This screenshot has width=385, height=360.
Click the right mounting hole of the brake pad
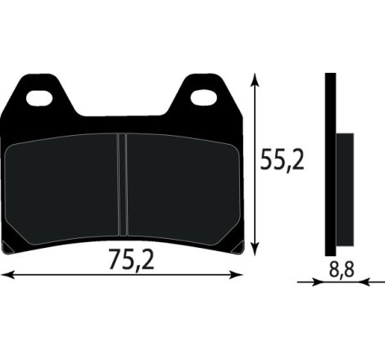click(202, 98)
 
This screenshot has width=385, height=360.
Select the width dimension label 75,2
click(132, 260)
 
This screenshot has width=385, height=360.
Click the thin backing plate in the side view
click(329, 164)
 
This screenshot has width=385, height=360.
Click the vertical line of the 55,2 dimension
click(259, 164)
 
